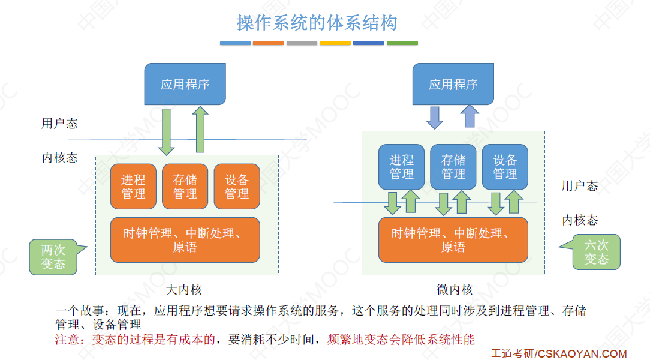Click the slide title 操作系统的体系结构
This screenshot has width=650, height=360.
point(317,23)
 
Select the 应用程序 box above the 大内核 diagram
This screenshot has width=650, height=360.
point(185,84)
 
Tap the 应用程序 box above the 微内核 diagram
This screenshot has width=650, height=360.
point(453,84)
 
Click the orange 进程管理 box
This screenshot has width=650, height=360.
point(133,187)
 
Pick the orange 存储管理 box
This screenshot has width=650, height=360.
point(185,187)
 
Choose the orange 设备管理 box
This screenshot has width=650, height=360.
point(237,187)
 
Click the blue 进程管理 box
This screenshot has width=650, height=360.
point(401,167)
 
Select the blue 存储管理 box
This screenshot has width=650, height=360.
point(453,167)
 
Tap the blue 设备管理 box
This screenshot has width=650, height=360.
point(505,167)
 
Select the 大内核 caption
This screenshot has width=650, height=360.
point(183,290)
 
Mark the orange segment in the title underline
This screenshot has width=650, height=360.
point(268,43)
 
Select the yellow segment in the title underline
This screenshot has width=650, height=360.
point(335,43)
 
